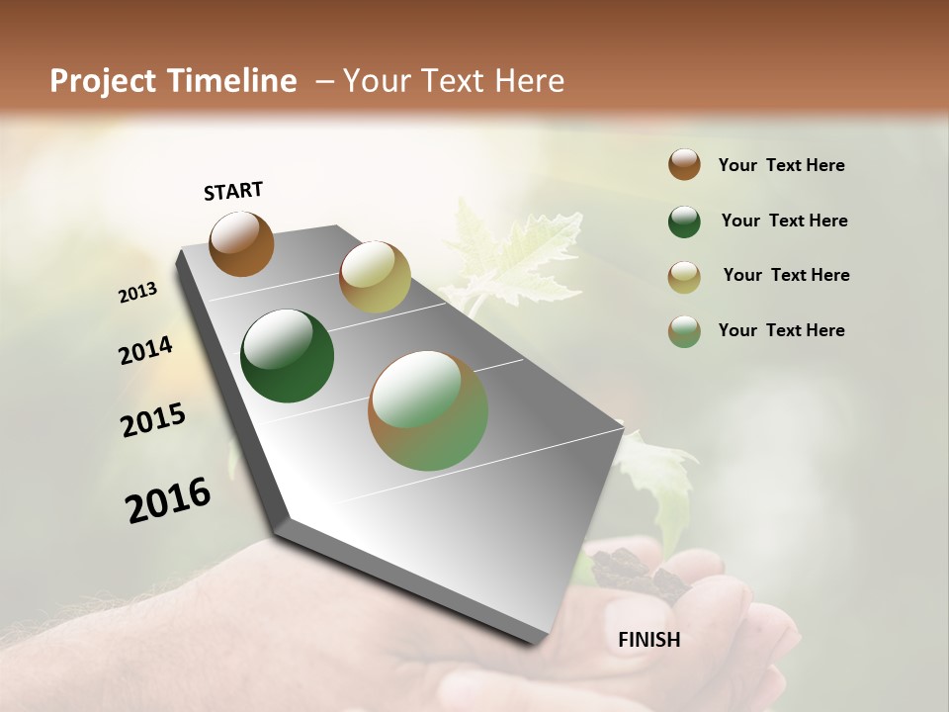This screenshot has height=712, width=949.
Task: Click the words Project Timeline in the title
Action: [x=173, y=81]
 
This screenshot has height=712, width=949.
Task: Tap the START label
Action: [x=233, y=191]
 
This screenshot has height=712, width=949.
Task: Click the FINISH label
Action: [x=648, y=640]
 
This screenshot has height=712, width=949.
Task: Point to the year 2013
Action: [x=137, y=293]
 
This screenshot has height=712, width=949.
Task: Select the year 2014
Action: [x=145, y=350]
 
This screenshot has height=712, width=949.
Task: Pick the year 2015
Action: [x=152, y=420]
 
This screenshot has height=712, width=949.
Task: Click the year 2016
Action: [x=168, y=500]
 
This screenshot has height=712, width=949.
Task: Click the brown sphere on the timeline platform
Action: [x=241, y=244]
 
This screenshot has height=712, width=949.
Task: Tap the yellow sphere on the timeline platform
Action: [x=375, y=277]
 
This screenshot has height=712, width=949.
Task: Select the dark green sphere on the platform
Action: [x=287, y=356]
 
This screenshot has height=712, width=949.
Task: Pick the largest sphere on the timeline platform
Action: [x=428, y=410]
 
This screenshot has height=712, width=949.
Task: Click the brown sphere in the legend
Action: [x=684, y=165]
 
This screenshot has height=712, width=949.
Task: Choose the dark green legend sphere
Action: [x=684, y=222]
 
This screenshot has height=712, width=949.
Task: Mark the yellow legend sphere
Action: [x=684, y=277]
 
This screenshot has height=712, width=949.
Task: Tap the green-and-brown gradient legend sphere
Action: [x=684, y=331]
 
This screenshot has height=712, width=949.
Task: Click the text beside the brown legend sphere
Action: [x=781, y=165]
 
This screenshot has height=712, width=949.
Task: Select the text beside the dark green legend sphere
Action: [x=784, y=221]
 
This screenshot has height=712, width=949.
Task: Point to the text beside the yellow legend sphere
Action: [x=786, y=275]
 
